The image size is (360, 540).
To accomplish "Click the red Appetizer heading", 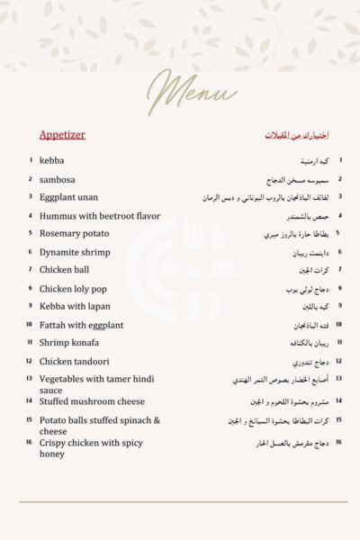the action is pyautogui.click(x=62, y=135).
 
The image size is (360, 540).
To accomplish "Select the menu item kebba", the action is pyautogui.click(x=51, y=161).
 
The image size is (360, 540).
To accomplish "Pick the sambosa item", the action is pyautogui.click(x=58, y=179).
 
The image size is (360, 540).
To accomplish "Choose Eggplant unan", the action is pyautogui.click(x=68, y=197).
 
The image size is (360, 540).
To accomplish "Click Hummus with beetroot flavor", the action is pyautogui.click(x=99, y=216).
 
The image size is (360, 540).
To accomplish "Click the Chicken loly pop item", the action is pyautogui.click(x=73, y=289).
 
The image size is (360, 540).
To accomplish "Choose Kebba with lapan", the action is pyautogui.click(x=75, y=307).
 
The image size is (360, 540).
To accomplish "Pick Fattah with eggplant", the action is pyautogui.click(x=81, y=325).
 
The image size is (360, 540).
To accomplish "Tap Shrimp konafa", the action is pyautogui.click(x=69, y=343).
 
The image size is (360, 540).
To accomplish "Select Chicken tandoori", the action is pyautogui.click(x=75, y=362).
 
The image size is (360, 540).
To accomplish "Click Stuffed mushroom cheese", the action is pyautogui.click(x=92, y=401).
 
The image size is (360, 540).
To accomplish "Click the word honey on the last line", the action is pyautogui.click(x=52, y=454).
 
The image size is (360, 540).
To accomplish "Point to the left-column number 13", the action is pyautogui.click(x=30, y=380).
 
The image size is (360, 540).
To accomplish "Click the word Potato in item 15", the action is pyautogui.click(x=54, y=420).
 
